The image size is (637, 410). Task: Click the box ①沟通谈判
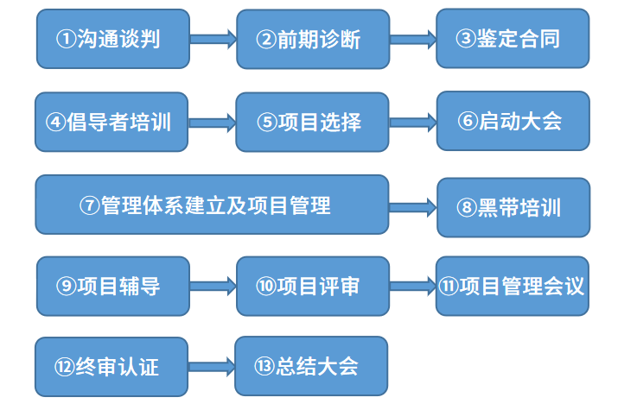112,39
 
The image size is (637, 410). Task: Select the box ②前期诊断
312,39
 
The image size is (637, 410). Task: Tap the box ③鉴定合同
513,38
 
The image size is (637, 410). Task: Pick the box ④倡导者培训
111,122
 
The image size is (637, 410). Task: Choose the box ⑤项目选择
312,122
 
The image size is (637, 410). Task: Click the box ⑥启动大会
513,121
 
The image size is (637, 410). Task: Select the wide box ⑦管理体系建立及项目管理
212,205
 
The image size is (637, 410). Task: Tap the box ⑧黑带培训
513,207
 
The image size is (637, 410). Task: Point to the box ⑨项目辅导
112,286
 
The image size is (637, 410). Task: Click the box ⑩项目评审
312,286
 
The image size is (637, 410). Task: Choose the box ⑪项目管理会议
513,286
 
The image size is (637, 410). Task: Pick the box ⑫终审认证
111,367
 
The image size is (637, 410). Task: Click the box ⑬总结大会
311,366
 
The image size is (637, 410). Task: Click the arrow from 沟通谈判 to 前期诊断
213,38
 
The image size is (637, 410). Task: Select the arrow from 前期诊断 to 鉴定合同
412,38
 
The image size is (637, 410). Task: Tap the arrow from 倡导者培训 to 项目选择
212,123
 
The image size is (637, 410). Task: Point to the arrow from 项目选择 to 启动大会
413,123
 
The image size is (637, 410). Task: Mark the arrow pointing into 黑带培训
413,207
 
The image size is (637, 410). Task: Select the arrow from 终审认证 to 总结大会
212,368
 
